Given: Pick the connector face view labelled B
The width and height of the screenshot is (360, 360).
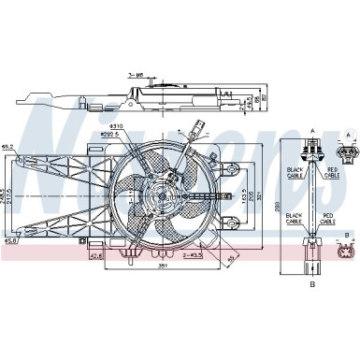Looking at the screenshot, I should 347,251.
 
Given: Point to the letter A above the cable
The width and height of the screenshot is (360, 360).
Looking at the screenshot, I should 311,133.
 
